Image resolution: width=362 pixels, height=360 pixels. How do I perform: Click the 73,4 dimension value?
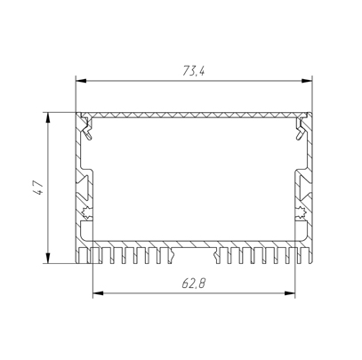tap(194, 71)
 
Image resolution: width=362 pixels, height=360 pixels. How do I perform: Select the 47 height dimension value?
tap(38, 188)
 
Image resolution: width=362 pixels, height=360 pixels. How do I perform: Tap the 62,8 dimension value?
tap(194, 284)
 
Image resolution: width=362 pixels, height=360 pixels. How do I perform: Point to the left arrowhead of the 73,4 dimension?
tap(81, 81)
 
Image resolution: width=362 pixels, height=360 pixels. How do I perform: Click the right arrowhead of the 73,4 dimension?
tap(307, 81)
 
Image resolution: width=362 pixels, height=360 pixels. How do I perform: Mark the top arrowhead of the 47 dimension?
tap(48, 117)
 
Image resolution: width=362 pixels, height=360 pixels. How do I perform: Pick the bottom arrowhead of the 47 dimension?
tap(48, 258)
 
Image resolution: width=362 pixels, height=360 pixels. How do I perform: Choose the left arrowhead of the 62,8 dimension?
tap(98, 293)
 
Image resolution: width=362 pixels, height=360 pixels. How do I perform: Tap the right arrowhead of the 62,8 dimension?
tap(290, 293)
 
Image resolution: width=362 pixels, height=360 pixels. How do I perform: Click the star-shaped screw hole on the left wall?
tap(87, 212)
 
